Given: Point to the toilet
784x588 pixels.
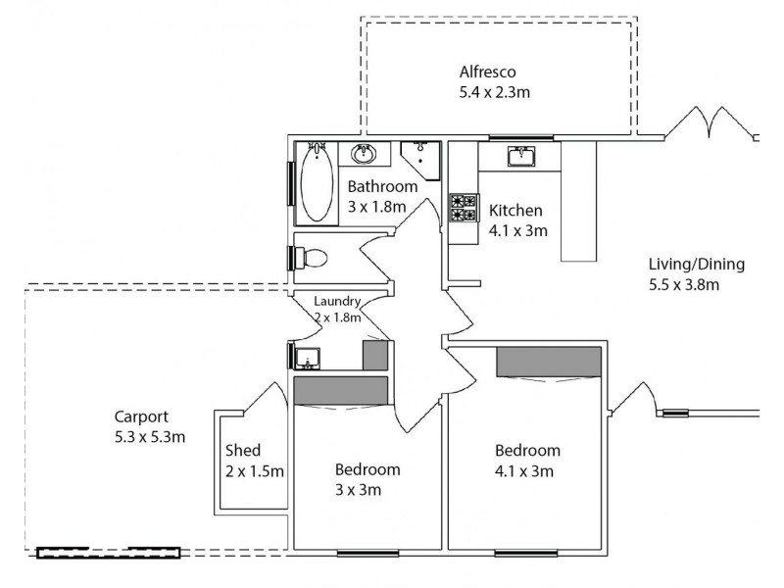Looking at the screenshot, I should point(311,257).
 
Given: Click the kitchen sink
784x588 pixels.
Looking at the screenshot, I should point(519,157).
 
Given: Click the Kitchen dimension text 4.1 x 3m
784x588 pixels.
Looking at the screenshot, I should point(517,231).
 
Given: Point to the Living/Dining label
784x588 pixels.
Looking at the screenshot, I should point(697,264).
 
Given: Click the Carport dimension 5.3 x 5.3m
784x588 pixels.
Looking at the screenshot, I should point(149,436).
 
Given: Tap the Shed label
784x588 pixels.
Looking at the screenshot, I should point(243,451).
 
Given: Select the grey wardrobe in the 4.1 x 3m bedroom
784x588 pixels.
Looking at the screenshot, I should point(548,361).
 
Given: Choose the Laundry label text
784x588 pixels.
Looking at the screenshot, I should point(338,302).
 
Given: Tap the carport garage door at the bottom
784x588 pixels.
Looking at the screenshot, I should point(109,553).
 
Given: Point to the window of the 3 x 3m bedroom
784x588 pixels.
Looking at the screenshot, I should point(367,554).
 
